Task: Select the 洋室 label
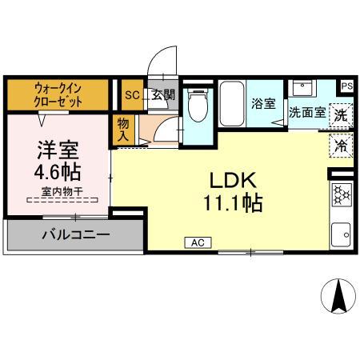click(x=58, y=150)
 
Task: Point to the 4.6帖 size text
click(x=58, y=172)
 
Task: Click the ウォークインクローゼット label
click(x=58, y=96)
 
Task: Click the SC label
click(x=132, y=94)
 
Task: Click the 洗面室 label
click(x=306, y=113)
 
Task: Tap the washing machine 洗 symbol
click(x=341, y=114)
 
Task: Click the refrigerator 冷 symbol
click(x=341, y=147)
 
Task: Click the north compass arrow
click(x=338, y=298)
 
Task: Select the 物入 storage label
click(x=123, y=130)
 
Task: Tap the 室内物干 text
click(x=57, y=192)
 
